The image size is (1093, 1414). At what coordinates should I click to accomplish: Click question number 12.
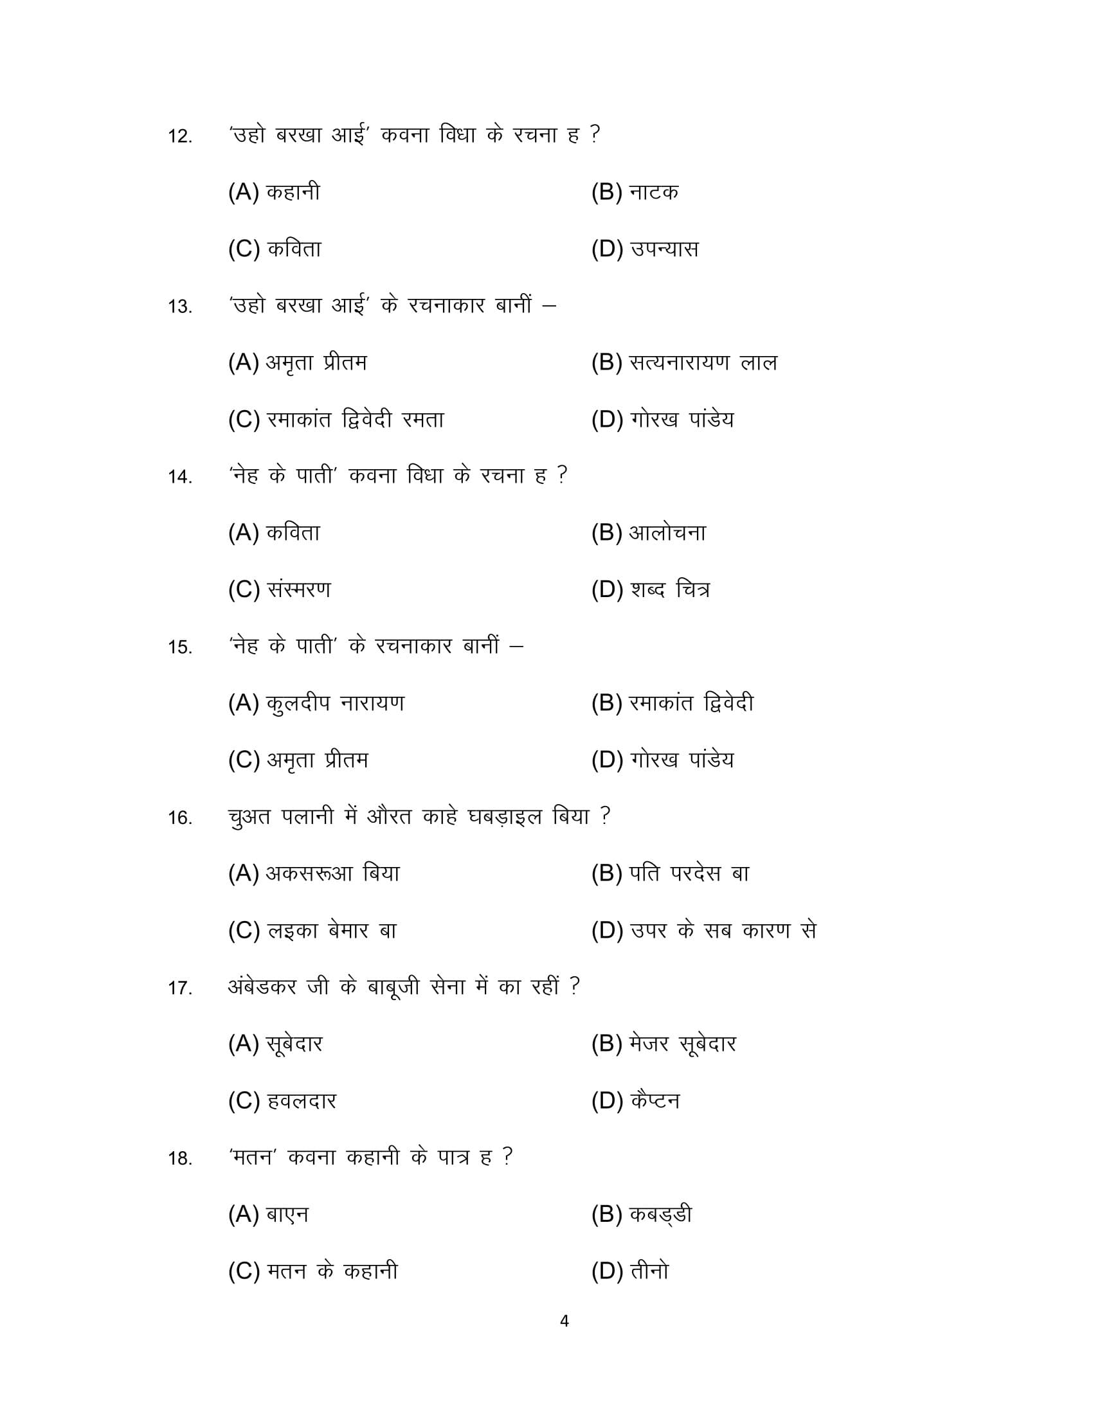[180, 137]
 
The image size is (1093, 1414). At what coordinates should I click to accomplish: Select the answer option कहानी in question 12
[293, 192]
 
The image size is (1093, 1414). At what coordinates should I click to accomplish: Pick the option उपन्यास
[664, 249]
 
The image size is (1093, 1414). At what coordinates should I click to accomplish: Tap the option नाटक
[653, 192]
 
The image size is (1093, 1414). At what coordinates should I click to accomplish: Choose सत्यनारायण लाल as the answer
[703, 363]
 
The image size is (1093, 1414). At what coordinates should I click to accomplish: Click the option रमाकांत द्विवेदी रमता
[355, 420]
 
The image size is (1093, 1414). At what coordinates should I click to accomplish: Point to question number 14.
[180, 477]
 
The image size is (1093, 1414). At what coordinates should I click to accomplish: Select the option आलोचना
[667, 533]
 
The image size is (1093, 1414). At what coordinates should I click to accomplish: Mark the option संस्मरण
[298, 590]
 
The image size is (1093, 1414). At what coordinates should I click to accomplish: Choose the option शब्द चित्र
[669, 590]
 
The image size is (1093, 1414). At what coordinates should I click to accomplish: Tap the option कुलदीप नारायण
[335, 703]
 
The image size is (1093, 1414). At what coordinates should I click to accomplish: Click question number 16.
[180, 818]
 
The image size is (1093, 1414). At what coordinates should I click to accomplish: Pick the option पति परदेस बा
[689, 874]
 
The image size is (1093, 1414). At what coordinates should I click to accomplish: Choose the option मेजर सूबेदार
[682, 1044]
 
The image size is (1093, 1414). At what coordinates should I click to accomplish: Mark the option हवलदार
[301, 1101]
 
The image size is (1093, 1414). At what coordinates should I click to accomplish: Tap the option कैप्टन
[654, 1101]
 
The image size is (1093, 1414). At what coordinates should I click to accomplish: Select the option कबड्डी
[660, 1215]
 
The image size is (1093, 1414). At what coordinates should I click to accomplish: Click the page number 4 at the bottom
[564, 1321]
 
